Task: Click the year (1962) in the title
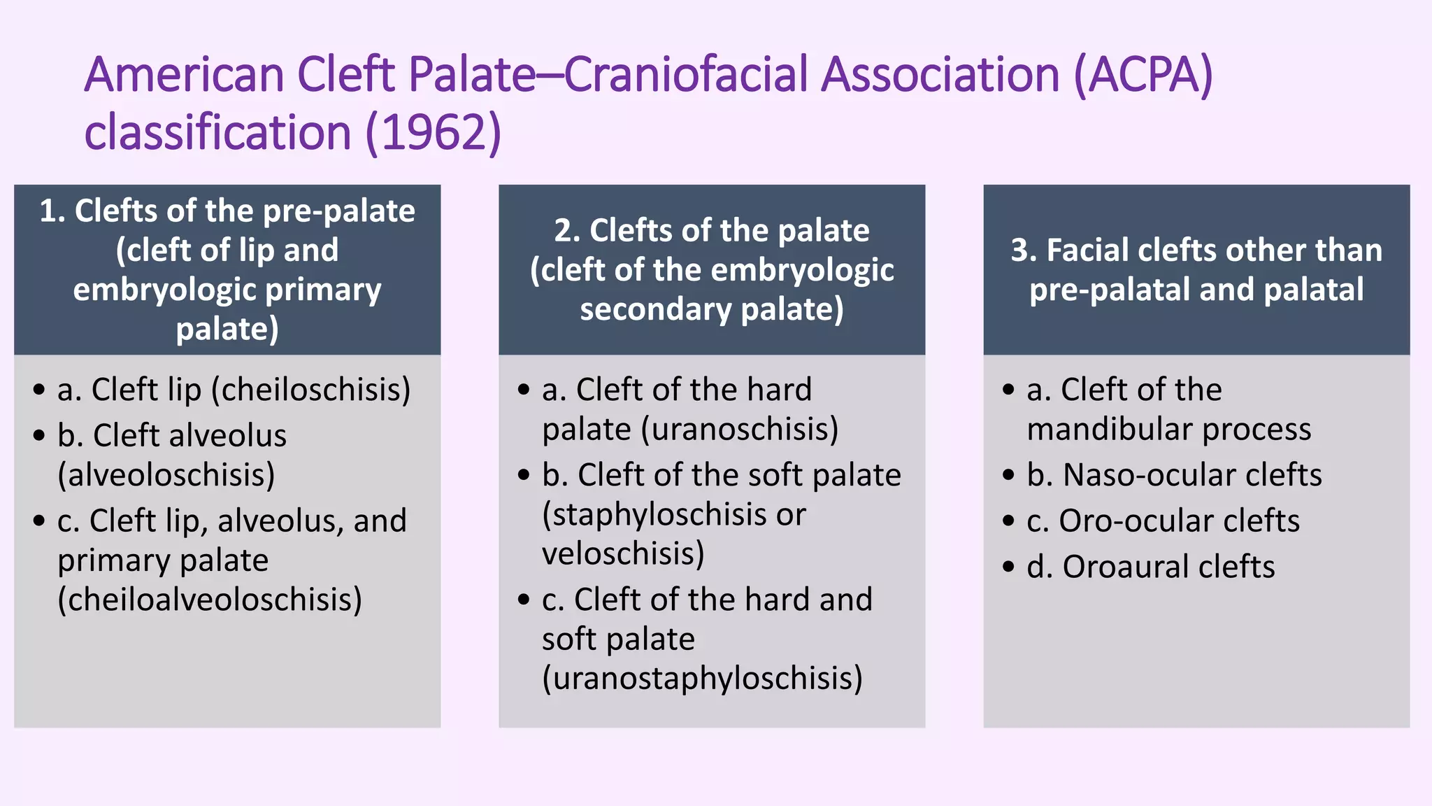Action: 433,133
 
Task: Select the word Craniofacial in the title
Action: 688,74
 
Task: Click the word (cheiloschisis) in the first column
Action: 310,390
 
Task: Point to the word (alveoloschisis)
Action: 166,475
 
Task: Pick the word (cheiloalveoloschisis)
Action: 210,600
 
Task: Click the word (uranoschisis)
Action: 740,429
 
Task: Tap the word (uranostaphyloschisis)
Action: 702,678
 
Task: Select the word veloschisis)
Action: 623,553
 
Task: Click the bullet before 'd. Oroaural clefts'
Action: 1008,566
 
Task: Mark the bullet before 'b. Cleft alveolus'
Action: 38,435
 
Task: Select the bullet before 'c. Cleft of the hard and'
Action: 524,600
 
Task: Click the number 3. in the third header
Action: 1024,250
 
